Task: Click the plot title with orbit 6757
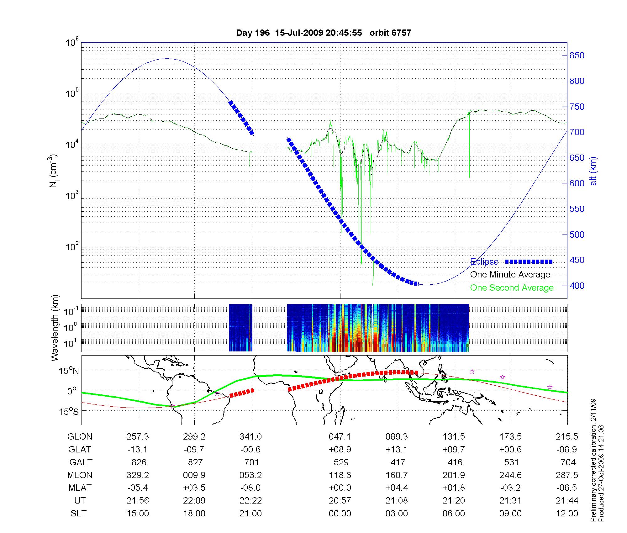tap(324, 33)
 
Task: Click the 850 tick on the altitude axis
tap(577, 55)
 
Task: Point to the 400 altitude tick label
tap(577, 286)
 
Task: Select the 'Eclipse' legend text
tap(484, 262)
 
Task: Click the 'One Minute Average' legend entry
tap(510, 275)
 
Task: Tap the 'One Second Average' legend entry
tap(512, 288)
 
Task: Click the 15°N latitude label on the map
tap(69, 371)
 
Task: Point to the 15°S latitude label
tap(69, 411)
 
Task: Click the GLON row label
tap(80, 437)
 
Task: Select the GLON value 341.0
tap(250, 437)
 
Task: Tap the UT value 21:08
tap(397, 501)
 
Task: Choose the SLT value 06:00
tap(454, 514)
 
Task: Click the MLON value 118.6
tap(340, 475)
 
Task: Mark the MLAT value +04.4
tap(397, 488)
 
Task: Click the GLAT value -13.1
tap(137, 450)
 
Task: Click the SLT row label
tap(78, 514)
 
